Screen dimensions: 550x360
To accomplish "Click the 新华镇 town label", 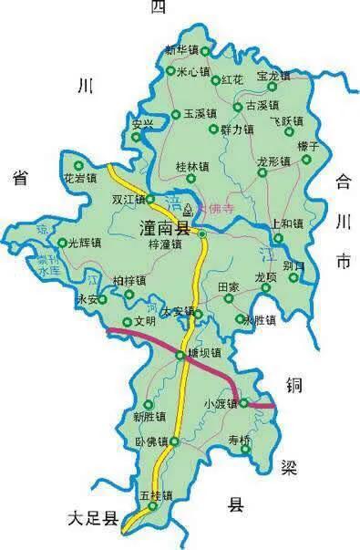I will [182, 49].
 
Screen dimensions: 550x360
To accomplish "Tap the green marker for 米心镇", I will [170, 70].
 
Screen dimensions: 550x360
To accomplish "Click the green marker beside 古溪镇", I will [238, 107].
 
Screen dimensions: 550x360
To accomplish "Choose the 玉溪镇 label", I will [199, 114].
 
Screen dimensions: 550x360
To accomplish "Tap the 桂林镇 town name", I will [192, 167].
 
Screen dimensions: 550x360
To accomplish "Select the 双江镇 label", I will [129, 198].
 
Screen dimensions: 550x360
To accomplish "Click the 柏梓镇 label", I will [129, 280].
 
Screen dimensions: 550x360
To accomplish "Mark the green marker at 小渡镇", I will [243, 402].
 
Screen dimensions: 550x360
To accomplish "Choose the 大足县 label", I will [95, 520].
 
